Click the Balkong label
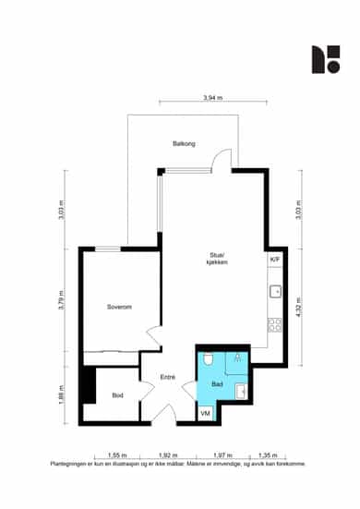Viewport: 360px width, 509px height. (x=184, y=143)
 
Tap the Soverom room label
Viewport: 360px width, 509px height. (x=119, y=307)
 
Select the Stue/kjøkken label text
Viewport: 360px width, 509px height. (x=217, y=259)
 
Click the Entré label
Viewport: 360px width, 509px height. (x=168, y=377)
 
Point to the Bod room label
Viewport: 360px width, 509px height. (x=117, y=395)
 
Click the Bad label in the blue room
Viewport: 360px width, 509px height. (x=217, y=384)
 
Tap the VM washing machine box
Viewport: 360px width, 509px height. (x=205, y=413)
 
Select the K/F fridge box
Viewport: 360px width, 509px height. (x=275, y=260)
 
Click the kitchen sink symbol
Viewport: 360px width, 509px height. (x=275, y=292)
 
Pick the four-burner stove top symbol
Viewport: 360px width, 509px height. (x=275, y=325)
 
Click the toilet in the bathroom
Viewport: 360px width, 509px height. (x=208, y=359)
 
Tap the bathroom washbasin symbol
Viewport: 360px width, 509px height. (x=241, y=392)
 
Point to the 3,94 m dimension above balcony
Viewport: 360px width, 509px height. (x=212, y=98)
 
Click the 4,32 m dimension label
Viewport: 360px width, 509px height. (x=299, y=307)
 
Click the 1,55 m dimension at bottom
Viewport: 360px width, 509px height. (x=117, y=455)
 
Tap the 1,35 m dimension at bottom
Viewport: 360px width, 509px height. (x=268, y=455)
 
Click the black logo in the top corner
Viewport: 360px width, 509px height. (x=326, y=59)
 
